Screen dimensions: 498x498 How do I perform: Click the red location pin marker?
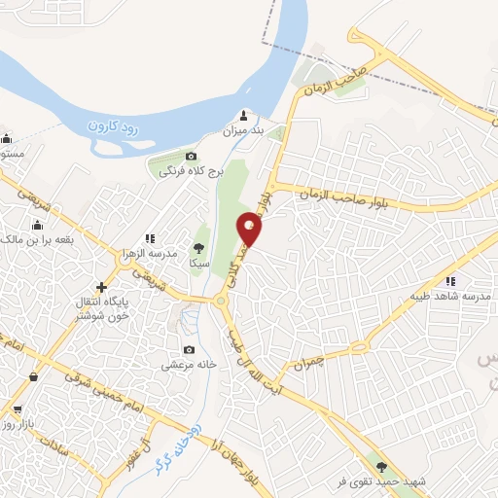[251, 230]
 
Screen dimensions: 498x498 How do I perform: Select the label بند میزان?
[244, 130]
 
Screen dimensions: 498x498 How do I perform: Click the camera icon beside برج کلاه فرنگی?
[191, 157]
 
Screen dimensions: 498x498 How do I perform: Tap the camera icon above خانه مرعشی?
[189, 350]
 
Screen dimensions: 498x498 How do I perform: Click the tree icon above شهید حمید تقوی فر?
[393, 467]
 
